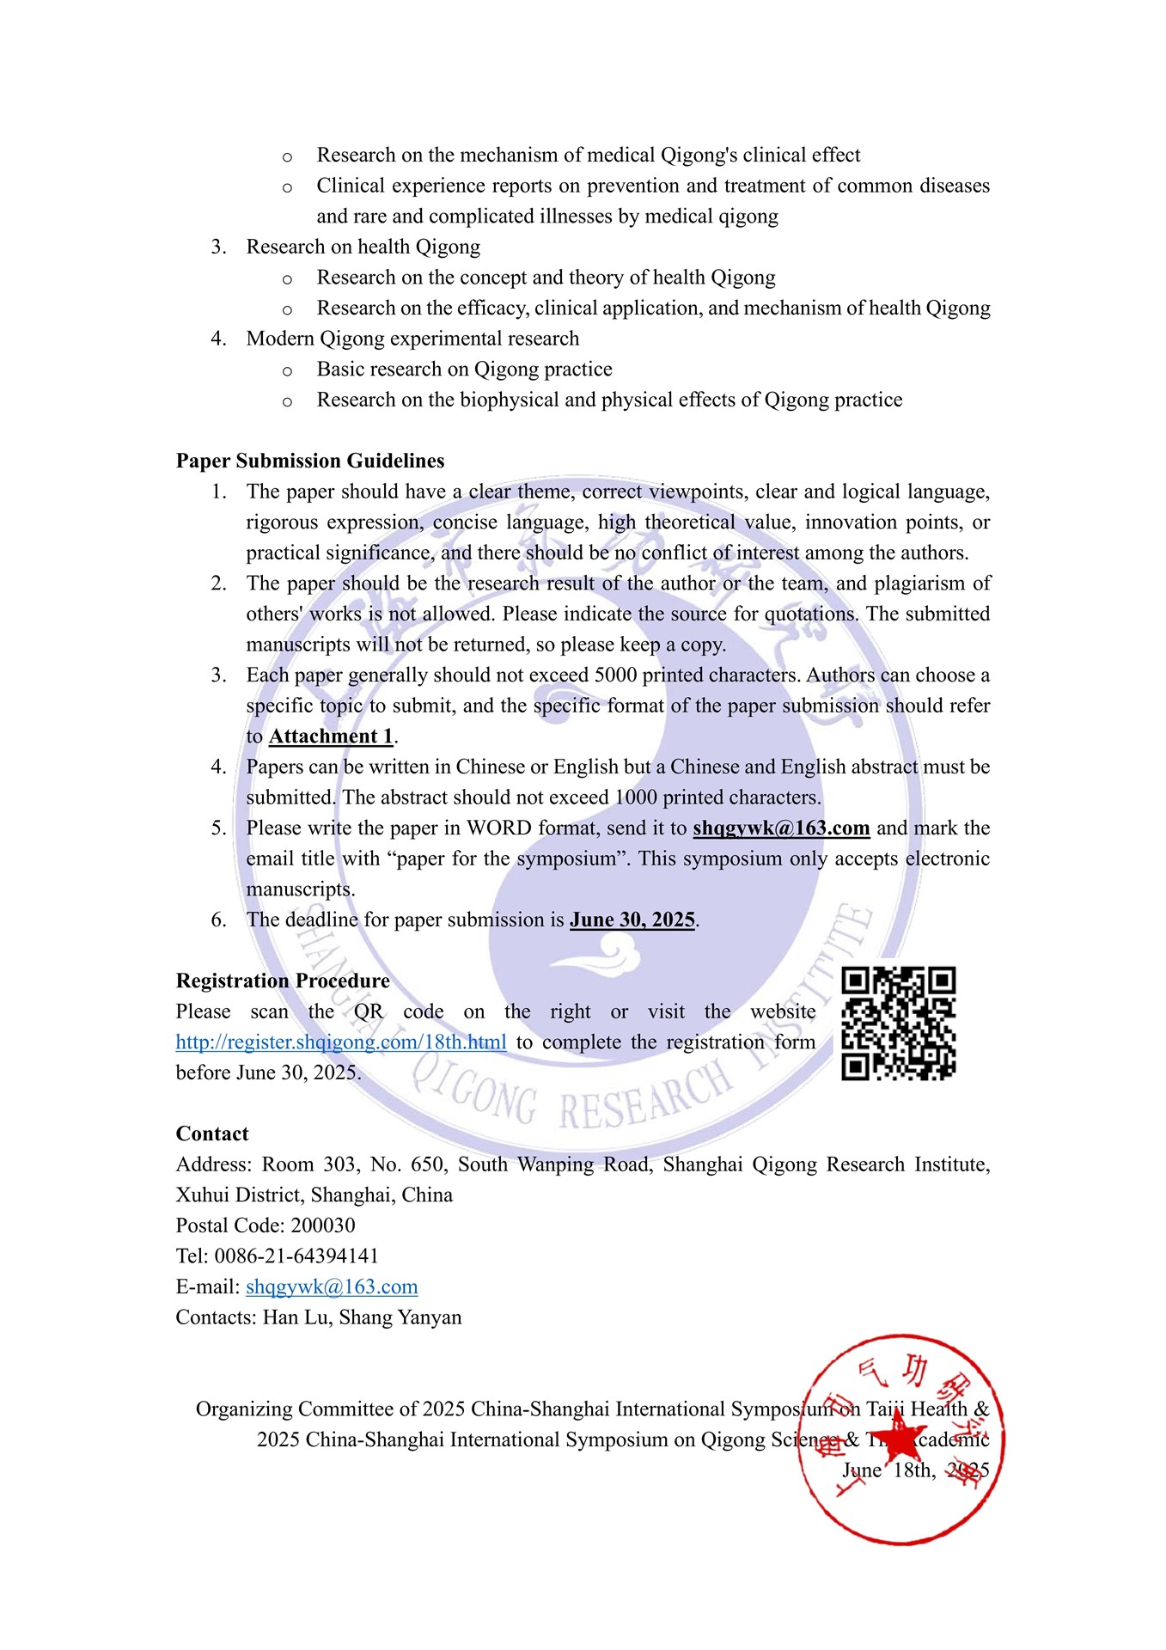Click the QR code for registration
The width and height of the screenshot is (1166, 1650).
tap(898, 1023)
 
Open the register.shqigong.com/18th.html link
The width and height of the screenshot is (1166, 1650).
tap(341, 1042)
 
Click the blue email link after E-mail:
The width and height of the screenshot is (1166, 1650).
tap(332, 1287)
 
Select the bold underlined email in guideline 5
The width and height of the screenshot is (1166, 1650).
tap(781, 828)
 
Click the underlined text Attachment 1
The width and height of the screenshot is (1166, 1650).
tap(331, 736)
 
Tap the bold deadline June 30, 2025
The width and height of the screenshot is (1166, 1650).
tap(632, 920)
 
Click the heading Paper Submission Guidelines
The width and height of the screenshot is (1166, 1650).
tap(310, 461)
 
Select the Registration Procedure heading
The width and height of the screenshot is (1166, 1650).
tap(283, 981)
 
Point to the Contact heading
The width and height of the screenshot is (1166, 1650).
tap(212, 1134)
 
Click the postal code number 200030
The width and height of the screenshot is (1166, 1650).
tap(323, 1226)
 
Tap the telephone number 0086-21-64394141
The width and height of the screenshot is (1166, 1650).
tap(296, 1256)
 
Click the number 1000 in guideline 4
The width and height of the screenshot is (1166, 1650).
tap(636, 797)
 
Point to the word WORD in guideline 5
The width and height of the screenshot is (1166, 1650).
tap(499, 828)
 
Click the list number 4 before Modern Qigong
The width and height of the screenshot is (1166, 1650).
tap(218, 339)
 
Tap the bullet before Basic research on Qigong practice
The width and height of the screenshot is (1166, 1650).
tap(287, 371)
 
